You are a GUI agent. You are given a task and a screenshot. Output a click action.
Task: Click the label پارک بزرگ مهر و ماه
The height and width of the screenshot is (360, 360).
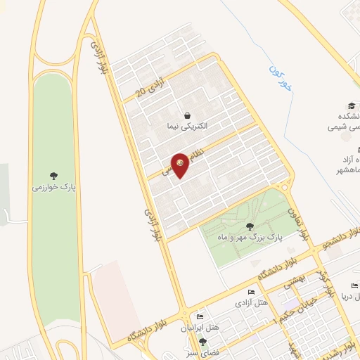pyautogui.click(x=250, y=238)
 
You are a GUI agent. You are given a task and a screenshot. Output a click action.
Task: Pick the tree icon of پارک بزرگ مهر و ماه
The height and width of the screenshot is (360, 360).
pyautogui.click(x=250, y=226)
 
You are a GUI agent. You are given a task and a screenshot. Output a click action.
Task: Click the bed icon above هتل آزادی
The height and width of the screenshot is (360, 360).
pyautogui.click(x=252, y=292)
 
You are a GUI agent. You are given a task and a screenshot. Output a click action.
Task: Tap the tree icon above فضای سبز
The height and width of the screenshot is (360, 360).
pyautogui.click(x=204, y=342)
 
